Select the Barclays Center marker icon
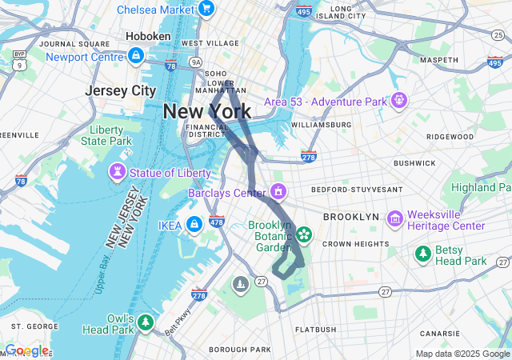point(278,192)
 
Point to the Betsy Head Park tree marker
point(422,254)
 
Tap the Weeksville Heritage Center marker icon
point(394,219)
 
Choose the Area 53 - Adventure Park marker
point(398,102)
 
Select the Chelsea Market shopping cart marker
point(206,10)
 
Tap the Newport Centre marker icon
point(135,56)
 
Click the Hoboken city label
point(148,36)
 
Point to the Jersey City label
point(121,91)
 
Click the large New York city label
point(206,112)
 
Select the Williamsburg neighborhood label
point(322,125)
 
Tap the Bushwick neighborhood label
point(414,162)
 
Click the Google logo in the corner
point(26,351)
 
